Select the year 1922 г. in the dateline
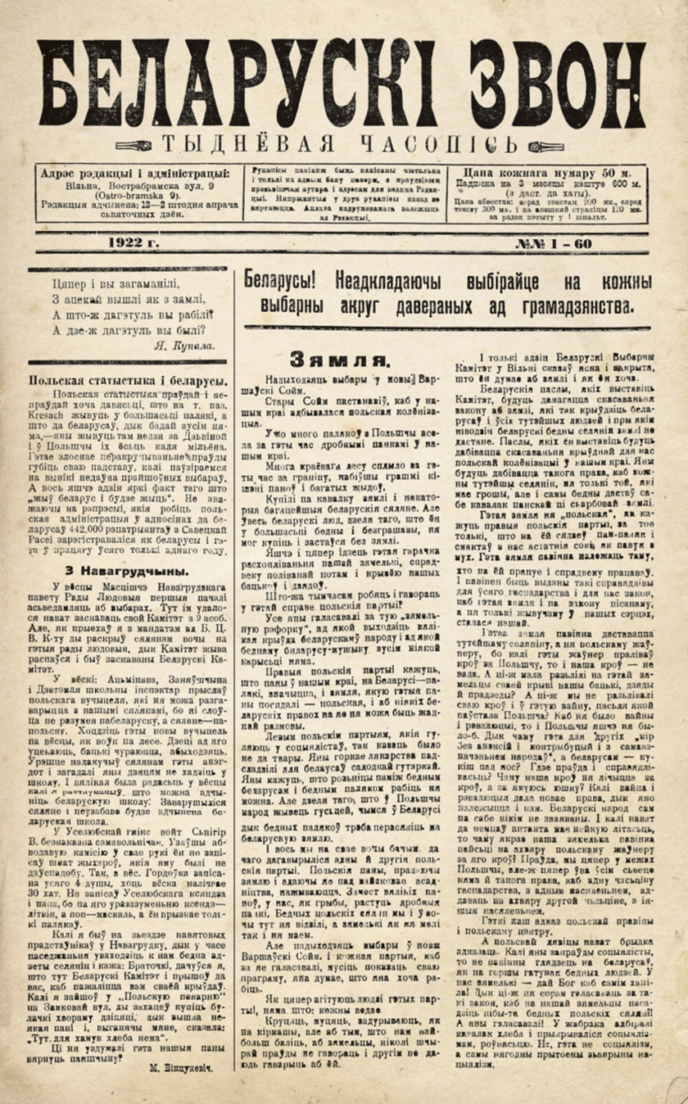(x=130, y=244)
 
